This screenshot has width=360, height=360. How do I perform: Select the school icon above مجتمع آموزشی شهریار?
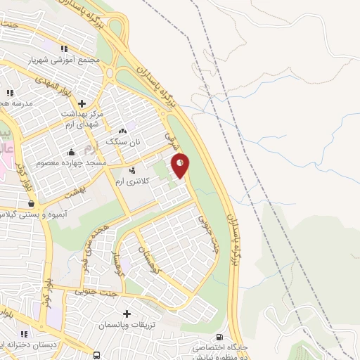[64, 49]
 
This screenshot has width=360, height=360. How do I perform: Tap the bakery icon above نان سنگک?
[123, 131]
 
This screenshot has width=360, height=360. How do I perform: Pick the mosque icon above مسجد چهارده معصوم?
[70, 153]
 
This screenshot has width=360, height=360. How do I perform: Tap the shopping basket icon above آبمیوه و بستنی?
[31, 203]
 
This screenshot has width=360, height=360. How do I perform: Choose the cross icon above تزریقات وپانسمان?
[127, 314]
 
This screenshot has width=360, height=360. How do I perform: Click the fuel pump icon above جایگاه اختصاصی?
[220, 337]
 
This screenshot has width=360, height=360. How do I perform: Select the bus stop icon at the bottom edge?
[97, 355]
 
